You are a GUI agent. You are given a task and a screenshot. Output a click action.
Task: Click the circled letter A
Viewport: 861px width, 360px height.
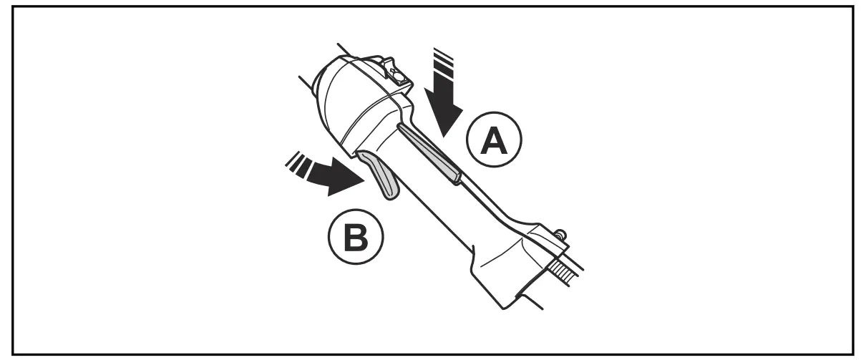tap(493, 142)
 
